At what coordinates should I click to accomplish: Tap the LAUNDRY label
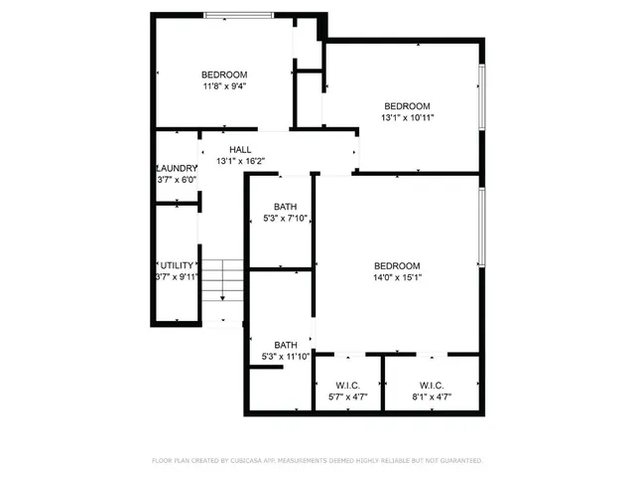click(x=177, y=168)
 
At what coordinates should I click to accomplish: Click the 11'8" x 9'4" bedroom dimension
click(x=224, y=86)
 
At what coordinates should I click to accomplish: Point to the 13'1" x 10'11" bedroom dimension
click(x=408, y=118)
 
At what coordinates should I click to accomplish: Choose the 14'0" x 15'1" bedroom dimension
click(x=397, y=277)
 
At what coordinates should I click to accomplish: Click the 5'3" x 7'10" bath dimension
click(x=286, y=219)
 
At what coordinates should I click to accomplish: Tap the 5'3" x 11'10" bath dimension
click(x=286, y=356)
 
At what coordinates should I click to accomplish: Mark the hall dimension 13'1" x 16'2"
click(x=241, y=160)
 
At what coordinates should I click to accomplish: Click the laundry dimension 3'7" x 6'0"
click(x=178, y=180)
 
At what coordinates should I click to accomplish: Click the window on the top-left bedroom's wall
click(x=240, y=15)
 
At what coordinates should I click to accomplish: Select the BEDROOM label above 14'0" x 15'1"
click(x=397, y=265)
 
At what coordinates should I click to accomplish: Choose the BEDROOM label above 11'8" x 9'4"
click(x=224, y=75)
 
